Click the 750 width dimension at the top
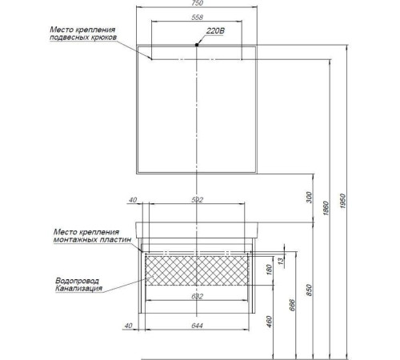pyautogui.click(x=197, y=3)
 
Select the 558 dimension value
pyautogui.click(x=197, y=18)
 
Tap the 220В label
pyautogui.click(x=215, y=31)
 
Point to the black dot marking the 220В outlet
pyautogui.click(x=197, y=45)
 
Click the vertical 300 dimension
pyautogui.click(x=309, y=198)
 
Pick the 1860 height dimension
pyautogui.click(x=326, y=208)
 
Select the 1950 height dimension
pyautogui.click(x=343, y=201)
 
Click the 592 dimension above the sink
pyautogui.click(x=197, y=200)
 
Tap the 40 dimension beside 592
pyautogui.click(x=133, y=200)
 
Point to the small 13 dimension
pyautogui.click(x=281, y=262)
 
